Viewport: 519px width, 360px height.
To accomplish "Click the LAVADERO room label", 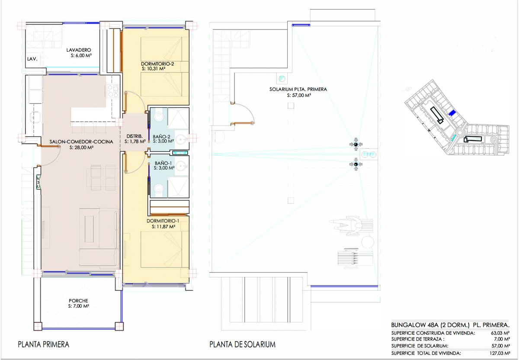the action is pos(79,50).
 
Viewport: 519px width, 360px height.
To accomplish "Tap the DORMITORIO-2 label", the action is pos(157,64).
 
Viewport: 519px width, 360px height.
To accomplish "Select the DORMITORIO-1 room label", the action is pos(163,221).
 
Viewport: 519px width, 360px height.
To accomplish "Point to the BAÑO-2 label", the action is pos(161,137).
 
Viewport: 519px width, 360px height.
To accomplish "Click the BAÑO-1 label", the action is pos(163,163).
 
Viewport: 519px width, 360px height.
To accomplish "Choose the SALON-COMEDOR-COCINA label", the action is pos(81,141).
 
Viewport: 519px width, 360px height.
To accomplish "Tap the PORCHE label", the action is pos(78,301).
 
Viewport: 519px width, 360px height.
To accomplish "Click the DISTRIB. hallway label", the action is pos(135,136).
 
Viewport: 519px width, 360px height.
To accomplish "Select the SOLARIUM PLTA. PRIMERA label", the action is pos(298,89).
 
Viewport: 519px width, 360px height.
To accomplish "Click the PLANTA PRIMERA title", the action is pos(44,344).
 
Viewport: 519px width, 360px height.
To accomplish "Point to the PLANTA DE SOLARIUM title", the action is pos(242,344).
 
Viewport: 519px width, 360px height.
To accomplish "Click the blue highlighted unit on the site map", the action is pos(452,113).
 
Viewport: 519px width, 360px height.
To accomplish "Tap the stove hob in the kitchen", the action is pos(112,91).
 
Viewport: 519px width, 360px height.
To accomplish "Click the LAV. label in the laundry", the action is pos(32,59).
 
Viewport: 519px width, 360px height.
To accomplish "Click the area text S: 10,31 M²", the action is pos(154,69).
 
